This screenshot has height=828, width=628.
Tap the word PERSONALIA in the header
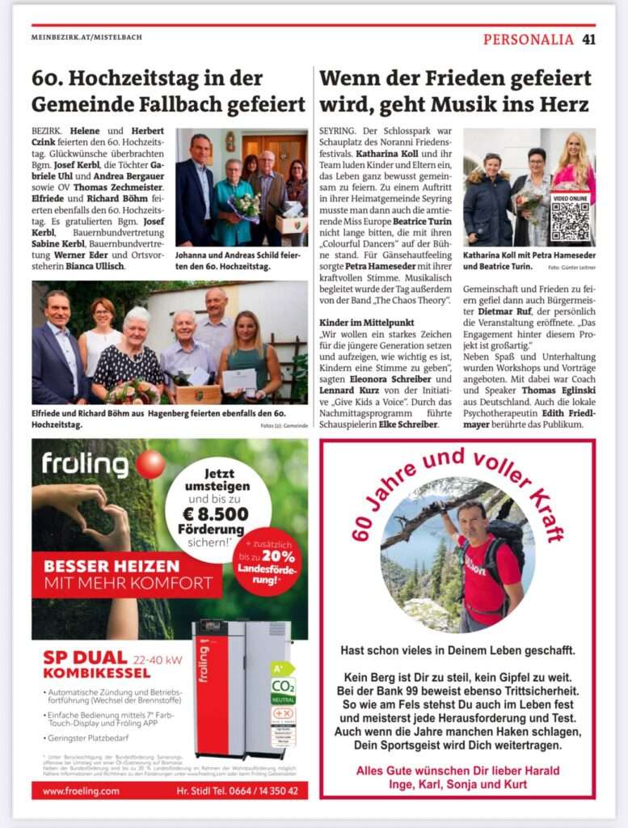click(x=529, y=39)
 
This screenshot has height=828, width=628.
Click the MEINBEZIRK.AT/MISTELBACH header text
click(x=86, y=37)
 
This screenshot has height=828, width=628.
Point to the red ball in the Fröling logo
click(x=150, y=465)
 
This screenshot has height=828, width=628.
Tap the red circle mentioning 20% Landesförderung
click(x=266, y=561)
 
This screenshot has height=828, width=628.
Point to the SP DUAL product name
click(x=85, y=657)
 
